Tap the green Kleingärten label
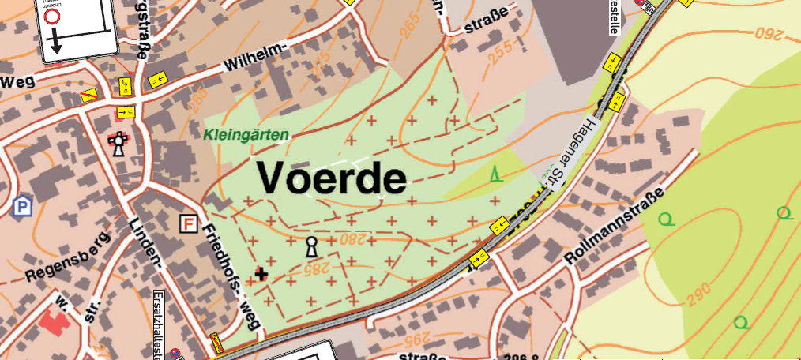pyautogui.click(x=246, y=135)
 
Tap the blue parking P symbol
pyautogui.click(x=21, y=207)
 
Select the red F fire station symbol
pyautogui.click(x=188, y=223)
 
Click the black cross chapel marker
pyautogui.click(x=261, y=273)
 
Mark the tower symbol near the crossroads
pyautogui.click(x=118, y=144)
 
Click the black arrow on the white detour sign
pyautogui.click(x=54, y=46)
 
